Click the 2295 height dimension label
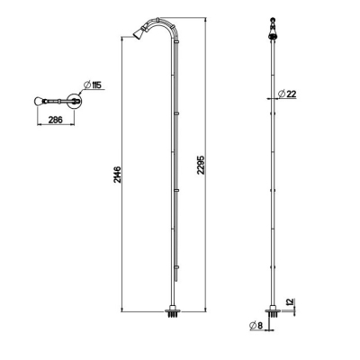(x=201, y=165)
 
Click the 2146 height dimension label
(x=117, y=175)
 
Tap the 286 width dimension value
(x=56, y=120)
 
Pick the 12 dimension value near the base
(x=291, y=302)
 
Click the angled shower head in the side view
(x=139, y=33)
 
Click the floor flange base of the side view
(x=174, y=311)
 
